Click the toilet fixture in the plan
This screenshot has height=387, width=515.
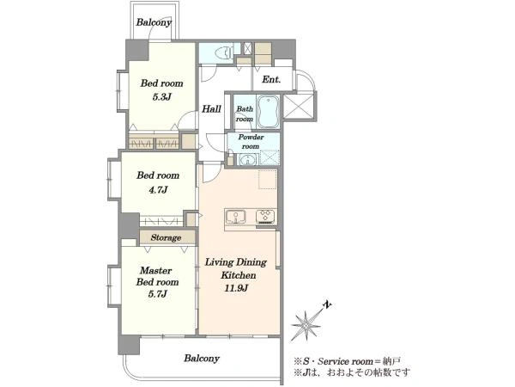pyautogui.click(x=224, y=52)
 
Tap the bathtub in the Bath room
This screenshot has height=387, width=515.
pyautogui.click(x=268, y=112)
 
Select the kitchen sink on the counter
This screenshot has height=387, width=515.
pyautogui.click(x=235, y=217)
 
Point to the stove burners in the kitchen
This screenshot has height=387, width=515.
pyautogui.click(x=265, y=217)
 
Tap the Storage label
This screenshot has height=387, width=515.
pyautogui.click(x=166, y=237)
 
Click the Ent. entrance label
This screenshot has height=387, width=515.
pyautogui.click(x=271, y=79)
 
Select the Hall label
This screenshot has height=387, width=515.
pyautogui.click(x=211, y=109)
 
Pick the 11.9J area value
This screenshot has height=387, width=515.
pyautogui.click(x=236, y=288)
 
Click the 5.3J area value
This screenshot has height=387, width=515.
pyautogui.click(x=161, y=96)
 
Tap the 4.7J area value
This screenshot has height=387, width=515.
pyautogui.click(x=158, y=189)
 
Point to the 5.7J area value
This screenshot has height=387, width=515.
pyautogui.click(x=158, y=293)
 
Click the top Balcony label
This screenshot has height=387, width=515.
pyautogui.click(x=154, y=22)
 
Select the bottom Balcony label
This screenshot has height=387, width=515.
pyautogui.click(x=202, y=358)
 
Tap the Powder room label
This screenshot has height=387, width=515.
pyautogui.click(x=251, y=142)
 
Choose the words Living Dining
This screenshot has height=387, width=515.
pyautogui.click(x=236, y=262)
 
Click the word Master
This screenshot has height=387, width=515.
pyautogui.click(x=155, y=271)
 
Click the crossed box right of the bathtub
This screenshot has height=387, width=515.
pyautogui.click(x=299, y=106)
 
